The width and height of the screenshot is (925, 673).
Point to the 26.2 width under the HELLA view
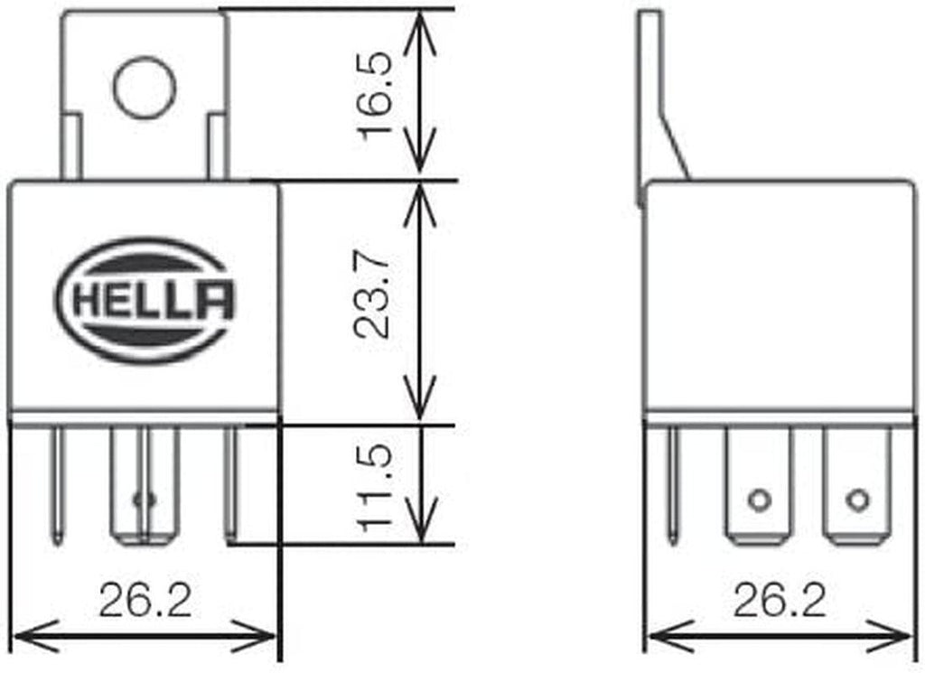145,601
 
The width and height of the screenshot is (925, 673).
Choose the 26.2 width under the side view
780,601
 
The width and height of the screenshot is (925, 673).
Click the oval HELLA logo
145,300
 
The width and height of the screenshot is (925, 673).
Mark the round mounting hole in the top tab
145,87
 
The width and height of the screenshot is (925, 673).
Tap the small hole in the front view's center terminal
140,499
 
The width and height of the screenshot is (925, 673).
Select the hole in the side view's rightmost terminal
856,499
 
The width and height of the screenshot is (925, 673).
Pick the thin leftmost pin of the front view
59,483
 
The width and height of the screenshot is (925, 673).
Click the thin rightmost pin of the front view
230,483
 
